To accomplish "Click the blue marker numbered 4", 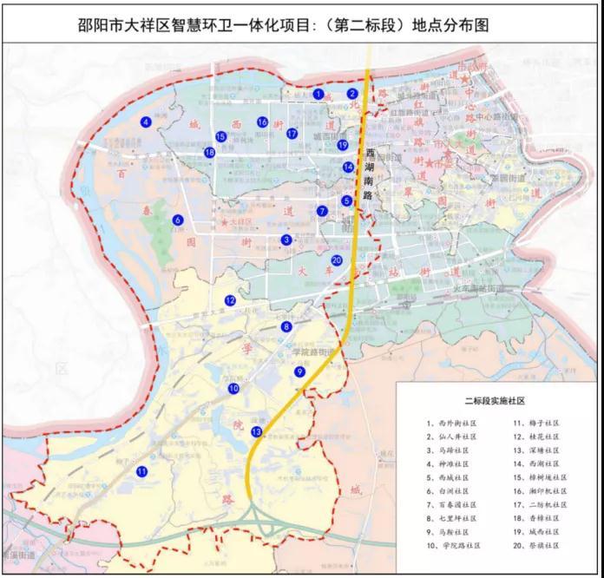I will click(146, 122).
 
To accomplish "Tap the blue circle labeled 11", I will click(141, 471).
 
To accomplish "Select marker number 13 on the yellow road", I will click(256, 431).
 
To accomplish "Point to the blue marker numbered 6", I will click(177, 220).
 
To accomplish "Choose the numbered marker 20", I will click(337, 260).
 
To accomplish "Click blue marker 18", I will click(209, 153).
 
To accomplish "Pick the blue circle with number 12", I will click(230, 300).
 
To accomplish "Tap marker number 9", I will click(300, 371).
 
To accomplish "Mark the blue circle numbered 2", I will click(352, 94).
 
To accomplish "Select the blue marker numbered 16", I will click(262, 122).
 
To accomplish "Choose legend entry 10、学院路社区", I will click(452, 545).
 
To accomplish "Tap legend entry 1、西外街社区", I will click(452, 424).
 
